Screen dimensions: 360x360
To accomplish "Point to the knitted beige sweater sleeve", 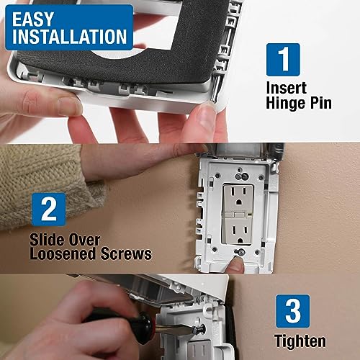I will point(43,180).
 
